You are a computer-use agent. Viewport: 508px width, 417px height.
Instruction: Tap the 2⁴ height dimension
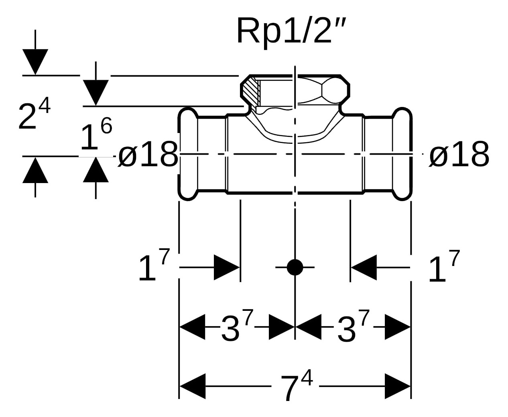34,116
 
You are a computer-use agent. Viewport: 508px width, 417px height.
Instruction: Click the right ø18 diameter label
459,155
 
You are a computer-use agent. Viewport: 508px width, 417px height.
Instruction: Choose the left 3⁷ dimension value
237,328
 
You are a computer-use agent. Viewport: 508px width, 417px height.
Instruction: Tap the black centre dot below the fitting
295,267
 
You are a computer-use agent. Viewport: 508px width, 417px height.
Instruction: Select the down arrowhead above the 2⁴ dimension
35,62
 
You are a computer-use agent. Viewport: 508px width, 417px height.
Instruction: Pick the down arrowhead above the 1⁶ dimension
96,93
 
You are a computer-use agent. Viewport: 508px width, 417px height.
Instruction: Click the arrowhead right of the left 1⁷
227,267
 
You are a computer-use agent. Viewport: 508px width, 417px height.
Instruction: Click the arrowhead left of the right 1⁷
364,267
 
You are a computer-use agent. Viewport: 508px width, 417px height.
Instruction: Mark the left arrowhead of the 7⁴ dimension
192,387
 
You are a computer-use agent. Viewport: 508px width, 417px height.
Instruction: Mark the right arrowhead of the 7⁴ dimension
398,387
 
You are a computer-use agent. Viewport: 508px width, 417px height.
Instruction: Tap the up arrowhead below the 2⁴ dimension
35,170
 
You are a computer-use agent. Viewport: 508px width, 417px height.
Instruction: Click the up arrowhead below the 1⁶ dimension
96,170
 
